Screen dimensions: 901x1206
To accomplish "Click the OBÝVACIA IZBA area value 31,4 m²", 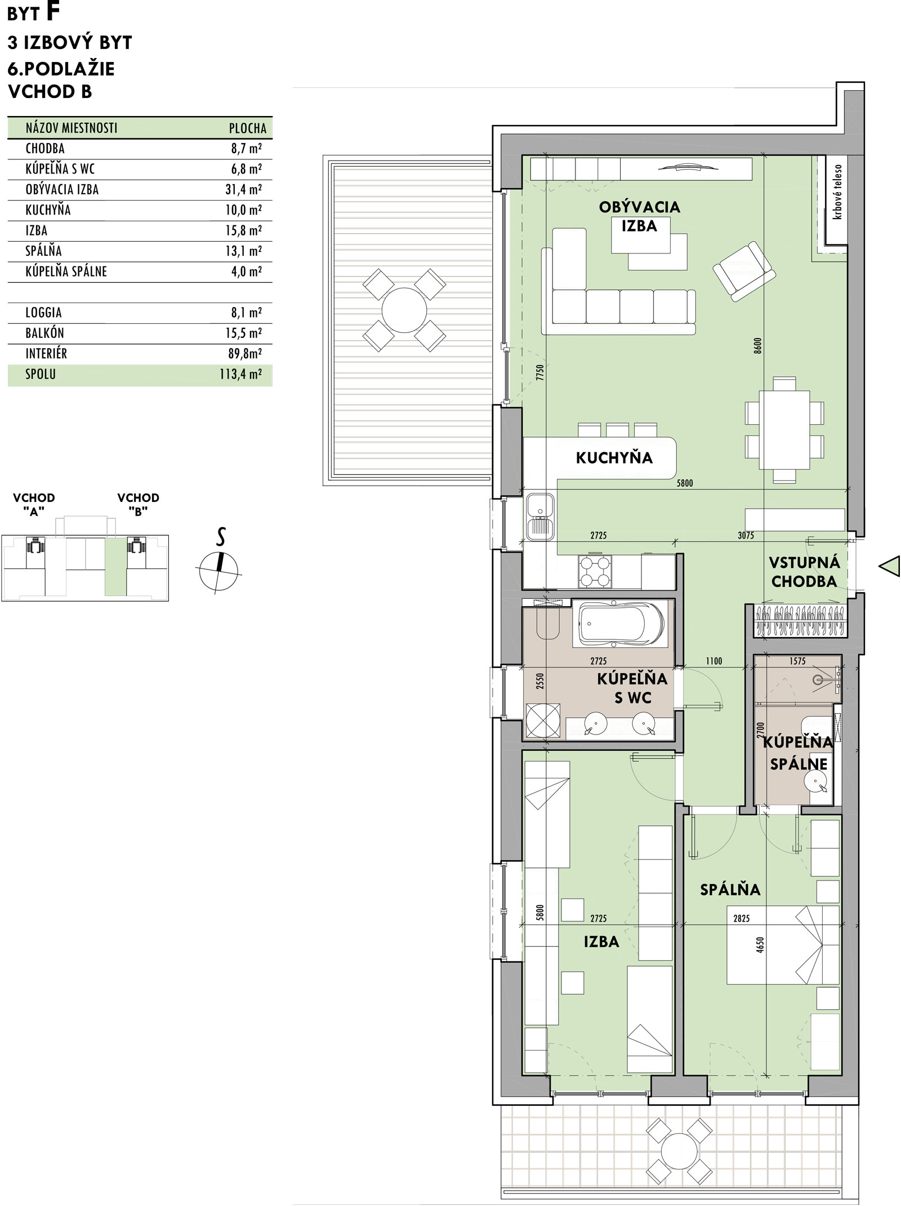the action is [243, 189].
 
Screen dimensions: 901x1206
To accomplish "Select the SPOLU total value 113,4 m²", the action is [240, 375].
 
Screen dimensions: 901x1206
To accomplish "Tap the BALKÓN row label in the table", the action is [44, 333].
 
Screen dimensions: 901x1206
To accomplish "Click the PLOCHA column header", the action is [248, 128].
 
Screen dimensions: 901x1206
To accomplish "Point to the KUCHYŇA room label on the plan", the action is [614, 457].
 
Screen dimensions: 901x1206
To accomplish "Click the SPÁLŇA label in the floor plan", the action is [730, 889].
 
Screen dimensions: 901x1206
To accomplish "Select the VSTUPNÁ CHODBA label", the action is [804, 572].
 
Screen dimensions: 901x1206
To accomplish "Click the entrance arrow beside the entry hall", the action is [889, 566].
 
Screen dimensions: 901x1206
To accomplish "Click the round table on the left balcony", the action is [404, 310].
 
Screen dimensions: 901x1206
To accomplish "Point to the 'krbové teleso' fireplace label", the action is [838, 192].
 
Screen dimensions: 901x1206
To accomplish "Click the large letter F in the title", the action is [52, 12].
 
